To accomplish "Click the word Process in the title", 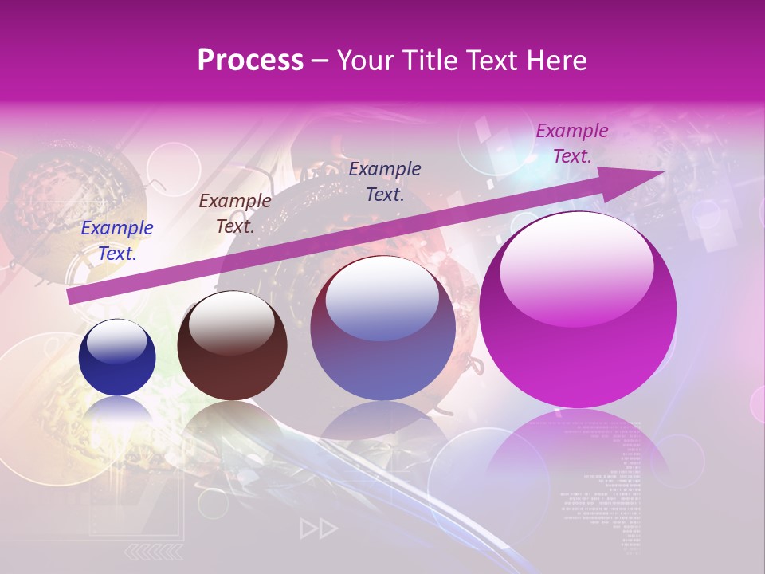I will coord(250,61).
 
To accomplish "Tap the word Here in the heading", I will coord(557,61).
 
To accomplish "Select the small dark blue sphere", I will coord(117,357).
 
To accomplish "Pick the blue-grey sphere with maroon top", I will coord(382,328).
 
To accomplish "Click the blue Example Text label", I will coord(117,241).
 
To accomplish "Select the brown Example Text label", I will coord(235,214).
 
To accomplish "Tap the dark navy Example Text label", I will coord(385,182).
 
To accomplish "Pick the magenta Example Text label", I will coord(572,143).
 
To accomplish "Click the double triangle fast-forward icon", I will coord(319,528).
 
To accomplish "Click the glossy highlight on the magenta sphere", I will coord(576,267).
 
